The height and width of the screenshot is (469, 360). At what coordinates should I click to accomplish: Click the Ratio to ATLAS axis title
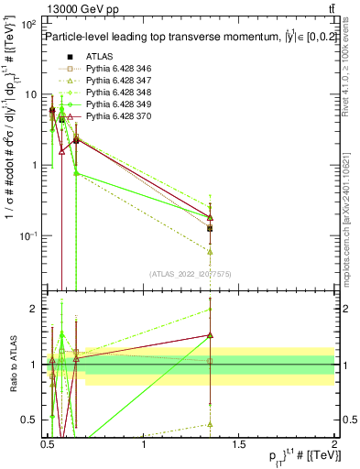pyautogui.click(x=14, y=365)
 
